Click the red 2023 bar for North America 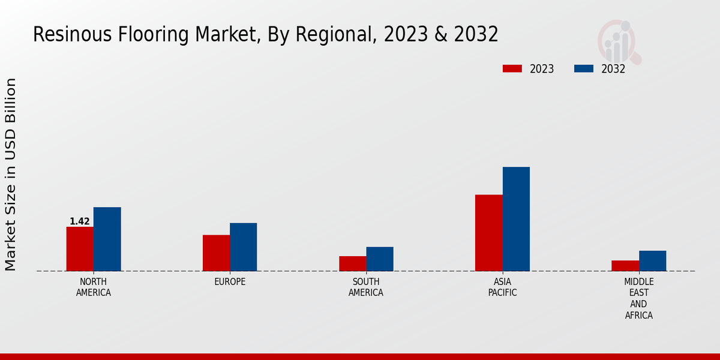pos(80,249)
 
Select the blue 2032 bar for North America pos(107,239)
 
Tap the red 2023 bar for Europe pos(216,253)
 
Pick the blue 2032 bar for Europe pos(243,247)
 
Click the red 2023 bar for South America pos(352,264)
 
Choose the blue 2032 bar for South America pos(380,259)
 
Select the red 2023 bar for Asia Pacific pos(488,233)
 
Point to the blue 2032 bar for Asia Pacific pos(516,219)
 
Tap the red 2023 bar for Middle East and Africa pos(625,266)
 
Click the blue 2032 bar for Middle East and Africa pos(652,261)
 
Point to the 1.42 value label pos(80,221)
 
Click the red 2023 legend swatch pos(512,69)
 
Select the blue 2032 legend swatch pos(584,69)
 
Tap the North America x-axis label pos(94,287)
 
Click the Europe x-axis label pos(230,282)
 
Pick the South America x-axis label pos(366,287)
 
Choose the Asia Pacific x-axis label pos(502,287)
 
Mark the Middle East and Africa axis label pos(639,298)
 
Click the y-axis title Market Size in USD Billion pos(11,174)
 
